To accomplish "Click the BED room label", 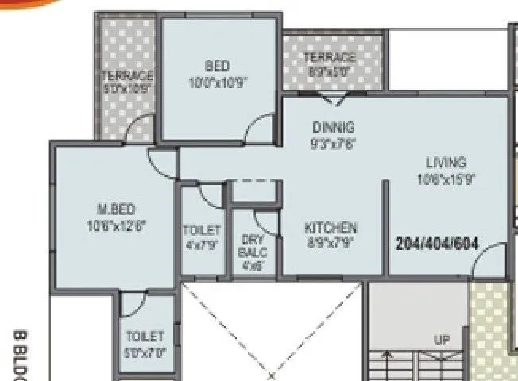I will tap(217, 66).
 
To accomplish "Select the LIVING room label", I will tap(445, 163).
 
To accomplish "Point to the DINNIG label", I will tap(333, 127).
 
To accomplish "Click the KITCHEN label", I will tap(331, 228).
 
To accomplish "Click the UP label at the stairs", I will tap(442, 340).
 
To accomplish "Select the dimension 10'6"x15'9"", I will tap(446, 179).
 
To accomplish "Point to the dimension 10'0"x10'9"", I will tap(217, 82).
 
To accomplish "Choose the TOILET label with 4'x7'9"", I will tap(201, 230).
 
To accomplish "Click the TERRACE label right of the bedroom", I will tap(330, 57).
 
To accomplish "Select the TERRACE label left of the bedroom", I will tap(127, 76).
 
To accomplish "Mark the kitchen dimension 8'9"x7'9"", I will tap(331, 244).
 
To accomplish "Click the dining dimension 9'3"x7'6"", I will tap(333, 144).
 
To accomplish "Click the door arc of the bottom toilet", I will tap(134, 301).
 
